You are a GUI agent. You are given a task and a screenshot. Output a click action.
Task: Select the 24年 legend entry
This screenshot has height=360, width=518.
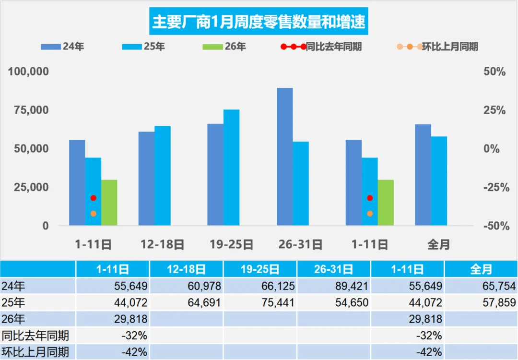click(65, 47)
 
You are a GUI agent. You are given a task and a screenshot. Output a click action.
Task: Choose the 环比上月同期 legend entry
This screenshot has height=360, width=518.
click(443, 47)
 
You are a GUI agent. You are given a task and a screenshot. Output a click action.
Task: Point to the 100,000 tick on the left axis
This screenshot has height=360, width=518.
click(29, 72)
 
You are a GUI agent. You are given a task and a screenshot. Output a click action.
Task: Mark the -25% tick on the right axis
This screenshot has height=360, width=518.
click(495, 187)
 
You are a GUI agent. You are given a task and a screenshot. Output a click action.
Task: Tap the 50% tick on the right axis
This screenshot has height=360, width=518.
click(494, 72)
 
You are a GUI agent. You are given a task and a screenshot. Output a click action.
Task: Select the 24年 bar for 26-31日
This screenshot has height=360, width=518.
click(285, 156)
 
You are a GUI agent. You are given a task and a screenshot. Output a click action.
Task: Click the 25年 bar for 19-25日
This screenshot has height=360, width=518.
click(231, 167)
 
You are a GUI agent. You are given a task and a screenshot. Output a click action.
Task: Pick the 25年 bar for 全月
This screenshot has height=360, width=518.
click(439, 180)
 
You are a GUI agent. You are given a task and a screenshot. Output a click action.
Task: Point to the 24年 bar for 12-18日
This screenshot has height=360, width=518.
click(146, 178)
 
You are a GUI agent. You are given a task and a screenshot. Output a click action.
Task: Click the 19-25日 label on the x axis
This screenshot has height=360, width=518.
click(231, 245)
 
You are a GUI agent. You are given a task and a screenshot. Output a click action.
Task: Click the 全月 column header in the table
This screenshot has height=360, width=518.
click(481, 270)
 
